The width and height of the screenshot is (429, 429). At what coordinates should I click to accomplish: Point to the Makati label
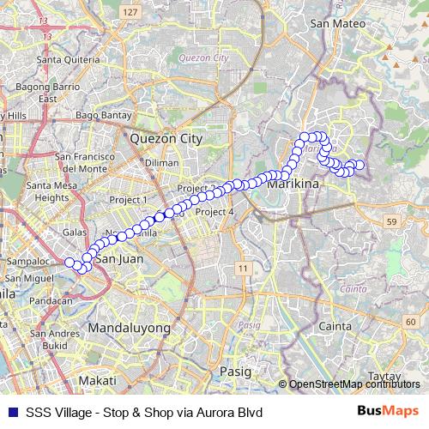pyautogui.click(x=97, y=380)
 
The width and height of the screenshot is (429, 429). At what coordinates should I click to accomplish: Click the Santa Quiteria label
pyautogui.click(x=65, y=61)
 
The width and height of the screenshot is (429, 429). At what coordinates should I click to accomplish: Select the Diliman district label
pyautogui.click(x=161, y=162)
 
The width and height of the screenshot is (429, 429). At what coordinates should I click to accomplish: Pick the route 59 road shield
pyautogui.click(x=392, y=222)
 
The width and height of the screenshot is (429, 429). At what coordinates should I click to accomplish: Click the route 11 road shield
pyautogui.click(x=244, y=269)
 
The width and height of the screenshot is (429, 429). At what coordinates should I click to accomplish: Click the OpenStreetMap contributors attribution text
pyautogui.click(x=355, y=384)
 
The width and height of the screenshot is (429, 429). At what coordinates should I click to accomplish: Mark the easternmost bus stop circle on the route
pyautogui.click(x=360, y=165)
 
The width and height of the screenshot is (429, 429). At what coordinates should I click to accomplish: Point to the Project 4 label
pyautogui.click(x=214, y=212)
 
